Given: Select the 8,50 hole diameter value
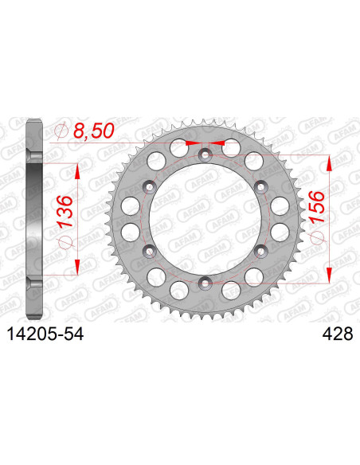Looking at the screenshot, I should (91, 130).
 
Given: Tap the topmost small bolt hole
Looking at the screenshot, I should (205, 154).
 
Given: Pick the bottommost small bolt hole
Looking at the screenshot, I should (205, 280).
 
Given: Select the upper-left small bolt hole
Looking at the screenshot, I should (148, 186).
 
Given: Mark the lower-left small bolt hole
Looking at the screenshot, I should (148, 250).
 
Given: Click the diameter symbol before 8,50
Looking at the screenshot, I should (61, 131).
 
